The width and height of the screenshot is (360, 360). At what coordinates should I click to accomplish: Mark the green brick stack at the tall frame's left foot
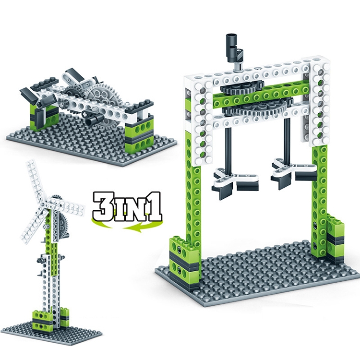183,259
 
